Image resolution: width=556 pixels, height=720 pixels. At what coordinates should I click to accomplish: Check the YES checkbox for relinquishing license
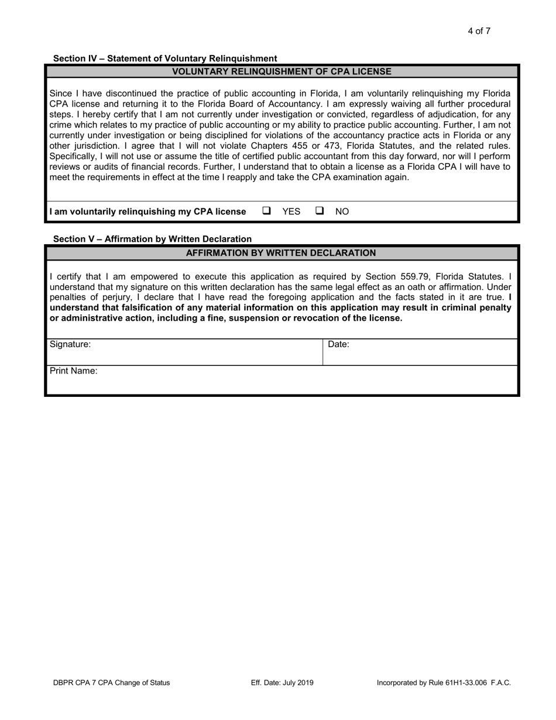pyautogui.click(x=266, y=211)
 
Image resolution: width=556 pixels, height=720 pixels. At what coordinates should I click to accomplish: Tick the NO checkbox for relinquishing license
pyautogui.click(x=320, y=211)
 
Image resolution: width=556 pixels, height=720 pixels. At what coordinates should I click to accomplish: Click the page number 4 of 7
pyautogui.click(x=479, y=31)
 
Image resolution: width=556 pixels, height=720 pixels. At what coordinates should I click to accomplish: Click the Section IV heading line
pyautogui.click(x=165, y=59)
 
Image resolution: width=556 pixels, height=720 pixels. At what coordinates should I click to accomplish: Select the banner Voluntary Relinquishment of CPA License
pyautogui.click(x=282, y=71)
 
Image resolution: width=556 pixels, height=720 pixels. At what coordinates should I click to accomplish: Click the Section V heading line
pyautogui.click(x=152, y=239)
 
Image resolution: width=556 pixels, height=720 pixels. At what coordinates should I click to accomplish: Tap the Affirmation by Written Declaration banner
pyautogui.click(x=281, y=253)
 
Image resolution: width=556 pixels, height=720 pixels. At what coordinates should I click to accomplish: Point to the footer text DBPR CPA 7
pyautogui.click(x=111, y=683)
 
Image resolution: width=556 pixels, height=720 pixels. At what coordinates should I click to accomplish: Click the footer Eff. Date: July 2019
pyautogui.click(x=282, y=683)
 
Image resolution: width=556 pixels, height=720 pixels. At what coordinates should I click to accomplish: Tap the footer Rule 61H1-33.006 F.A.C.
pyautogui.click(x=444, y=683)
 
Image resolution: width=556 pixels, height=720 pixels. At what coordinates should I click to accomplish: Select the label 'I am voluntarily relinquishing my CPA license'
pyautogui.click(x=147, y=211)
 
